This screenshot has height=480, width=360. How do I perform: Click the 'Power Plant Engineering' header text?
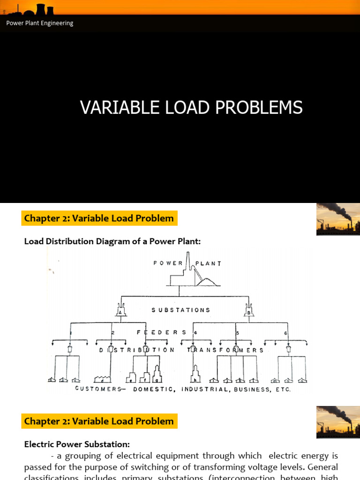tap(40, 23)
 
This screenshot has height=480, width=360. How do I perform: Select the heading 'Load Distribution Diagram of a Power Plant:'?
tap(112, 241)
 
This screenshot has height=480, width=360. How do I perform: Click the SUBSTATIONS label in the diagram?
tap(181, 310)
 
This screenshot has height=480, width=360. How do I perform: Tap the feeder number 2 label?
tap(112, 332)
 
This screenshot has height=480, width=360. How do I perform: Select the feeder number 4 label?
tap(195, 332)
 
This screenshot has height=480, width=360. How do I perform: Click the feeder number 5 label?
tap(238, 332)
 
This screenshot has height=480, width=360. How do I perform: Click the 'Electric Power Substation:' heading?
tap(77, 444)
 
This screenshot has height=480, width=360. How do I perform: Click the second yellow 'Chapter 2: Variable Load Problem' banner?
tap(99, 421)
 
